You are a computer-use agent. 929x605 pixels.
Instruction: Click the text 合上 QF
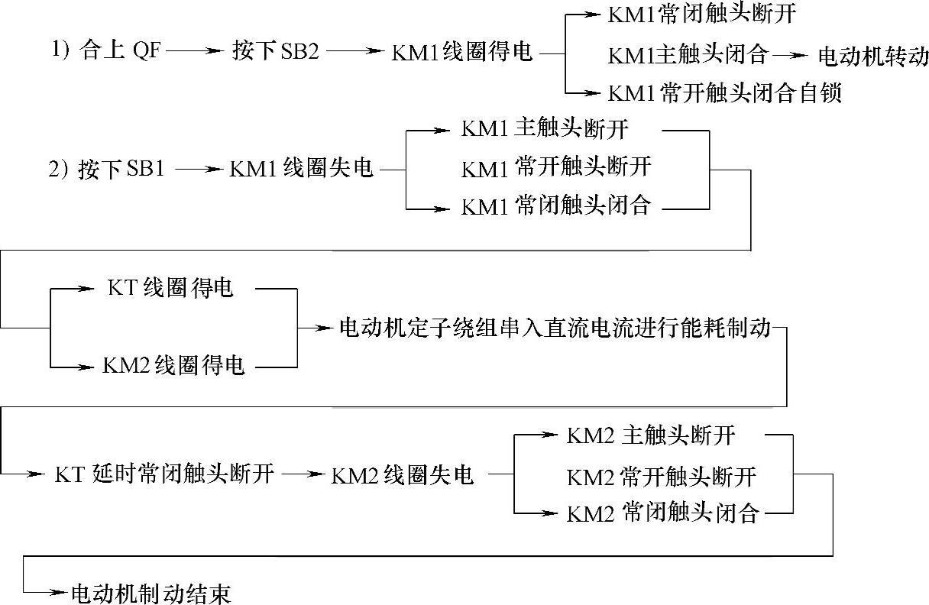click(120, 53)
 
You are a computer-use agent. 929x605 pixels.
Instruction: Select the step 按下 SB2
click(275, 53)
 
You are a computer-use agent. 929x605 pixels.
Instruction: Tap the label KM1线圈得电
click(461, 53)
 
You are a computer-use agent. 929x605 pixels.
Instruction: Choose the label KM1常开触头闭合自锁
click(724, 93)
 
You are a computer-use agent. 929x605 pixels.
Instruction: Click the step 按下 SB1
click(121, 169)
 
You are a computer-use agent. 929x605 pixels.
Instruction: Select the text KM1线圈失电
click(301, 169)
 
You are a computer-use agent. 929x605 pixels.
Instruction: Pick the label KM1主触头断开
click(545, 128)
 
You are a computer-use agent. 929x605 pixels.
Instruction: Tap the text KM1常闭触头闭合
click(555, 206)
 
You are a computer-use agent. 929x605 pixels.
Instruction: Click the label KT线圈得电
click(170, 289)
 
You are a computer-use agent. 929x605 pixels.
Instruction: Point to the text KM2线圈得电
click(173, 365)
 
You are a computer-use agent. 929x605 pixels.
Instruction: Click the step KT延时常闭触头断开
click(163, 474)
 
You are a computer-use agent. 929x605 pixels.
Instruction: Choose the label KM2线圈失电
click(403, 474)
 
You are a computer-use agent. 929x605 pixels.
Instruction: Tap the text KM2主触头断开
click(651, 435)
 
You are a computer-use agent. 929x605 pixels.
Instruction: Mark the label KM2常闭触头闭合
click(662, 513)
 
